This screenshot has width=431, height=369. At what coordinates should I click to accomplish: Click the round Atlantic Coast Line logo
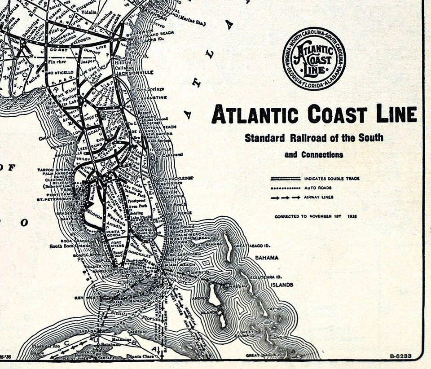(x=314, y=58)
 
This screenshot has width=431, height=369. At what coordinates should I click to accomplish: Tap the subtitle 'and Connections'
(x=314, y=155)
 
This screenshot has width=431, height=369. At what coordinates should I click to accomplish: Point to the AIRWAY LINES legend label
(x=319, y=198)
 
